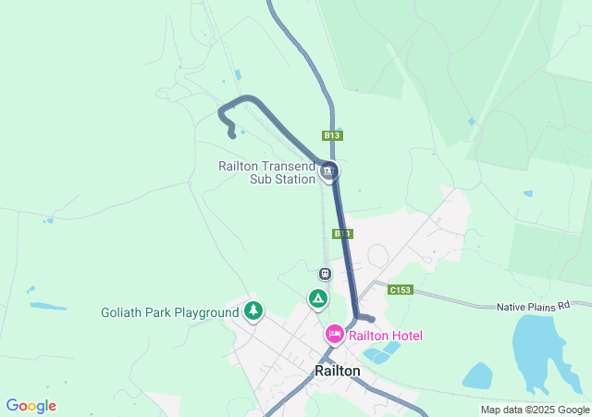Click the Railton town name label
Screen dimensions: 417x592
337,371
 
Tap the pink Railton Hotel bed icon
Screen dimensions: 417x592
334,334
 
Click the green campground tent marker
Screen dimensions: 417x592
317,298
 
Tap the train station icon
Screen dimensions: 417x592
325,273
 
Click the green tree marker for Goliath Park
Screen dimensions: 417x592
253,311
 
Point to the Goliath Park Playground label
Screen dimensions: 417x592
169,312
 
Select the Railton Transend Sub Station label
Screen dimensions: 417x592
266,173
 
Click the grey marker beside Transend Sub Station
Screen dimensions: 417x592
328,171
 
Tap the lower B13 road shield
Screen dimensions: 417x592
342,234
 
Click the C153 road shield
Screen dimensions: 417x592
400,290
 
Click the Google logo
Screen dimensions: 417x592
31,406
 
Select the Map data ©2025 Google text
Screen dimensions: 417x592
535,410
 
